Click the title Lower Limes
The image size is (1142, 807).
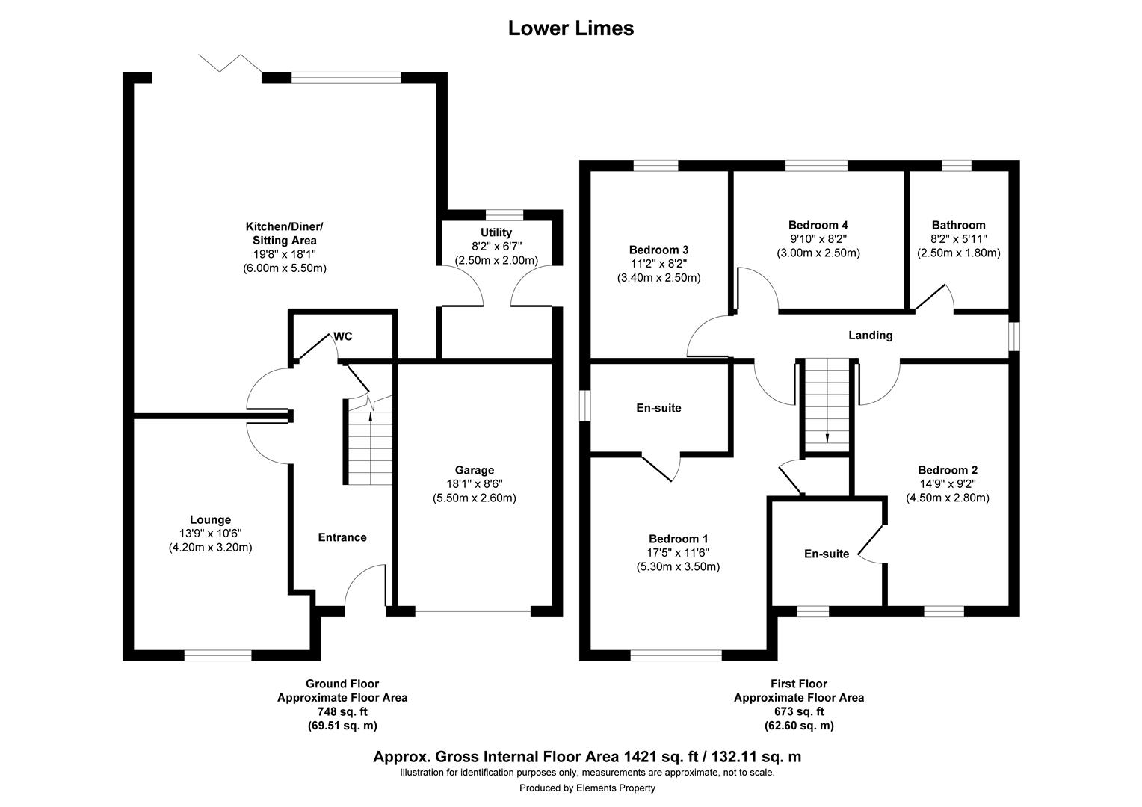tap(571, 28)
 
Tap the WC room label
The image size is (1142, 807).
tap(343, 336)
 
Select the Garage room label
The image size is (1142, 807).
tap(475, 470)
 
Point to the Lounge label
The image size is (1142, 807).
tap(210, 520)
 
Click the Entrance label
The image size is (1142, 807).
tap(342, 537)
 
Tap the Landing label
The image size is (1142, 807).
tap(870, 336)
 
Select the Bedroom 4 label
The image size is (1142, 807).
tap(818, 225)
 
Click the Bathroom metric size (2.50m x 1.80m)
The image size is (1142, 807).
tap(958, 253)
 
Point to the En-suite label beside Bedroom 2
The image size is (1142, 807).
tap(827, 554)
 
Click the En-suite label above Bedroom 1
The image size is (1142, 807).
tap(658, 408)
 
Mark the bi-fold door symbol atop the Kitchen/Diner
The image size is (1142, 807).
tap(230, 63)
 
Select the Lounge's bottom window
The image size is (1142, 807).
tap(217, 655)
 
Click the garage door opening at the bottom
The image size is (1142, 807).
tap(473, 611)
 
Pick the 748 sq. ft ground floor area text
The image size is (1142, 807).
tap(342, 711)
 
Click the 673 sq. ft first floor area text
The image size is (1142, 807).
tap(798, 711)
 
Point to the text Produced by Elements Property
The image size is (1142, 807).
tap(587, 788)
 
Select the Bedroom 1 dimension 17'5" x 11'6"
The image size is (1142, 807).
tap(678, 553)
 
